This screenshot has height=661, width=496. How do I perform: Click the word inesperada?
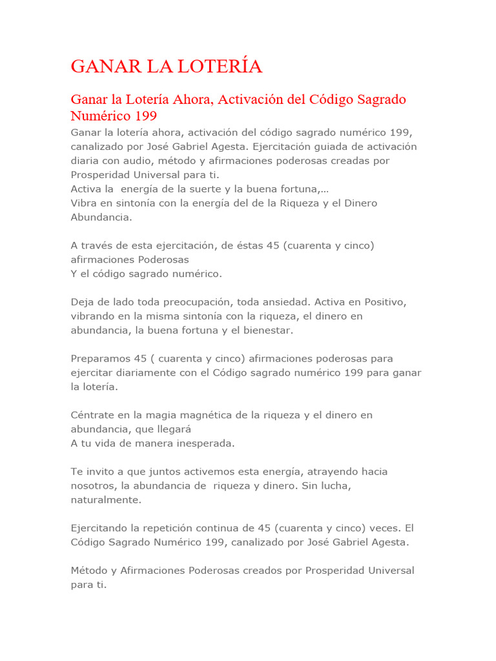tap(201, 443)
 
